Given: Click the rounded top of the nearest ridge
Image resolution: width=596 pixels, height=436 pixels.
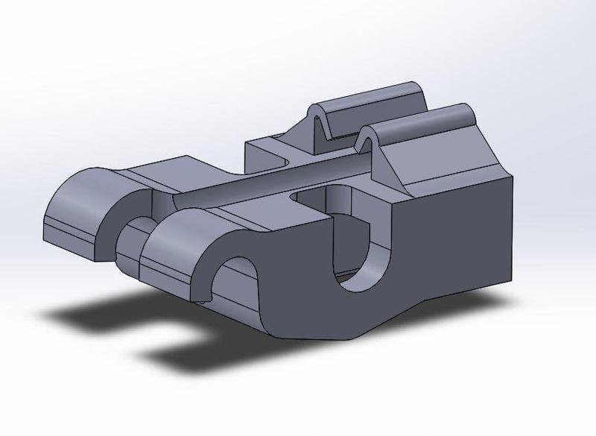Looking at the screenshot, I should pyautogui.click(x=425, y=119).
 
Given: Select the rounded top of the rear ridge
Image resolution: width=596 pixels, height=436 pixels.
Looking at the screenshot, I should pyautogui.click(x=372, y=93).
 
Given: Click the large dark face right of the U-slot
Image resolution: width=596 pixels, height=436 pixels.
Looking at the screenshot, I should pyautogui.click(x=454, y=238).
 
